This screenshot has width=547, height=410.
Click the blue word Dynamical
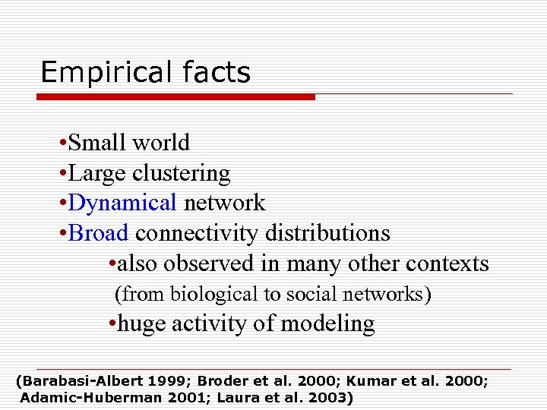(122, 203)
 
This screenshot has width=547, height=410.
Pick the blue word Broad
(98, 232)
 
